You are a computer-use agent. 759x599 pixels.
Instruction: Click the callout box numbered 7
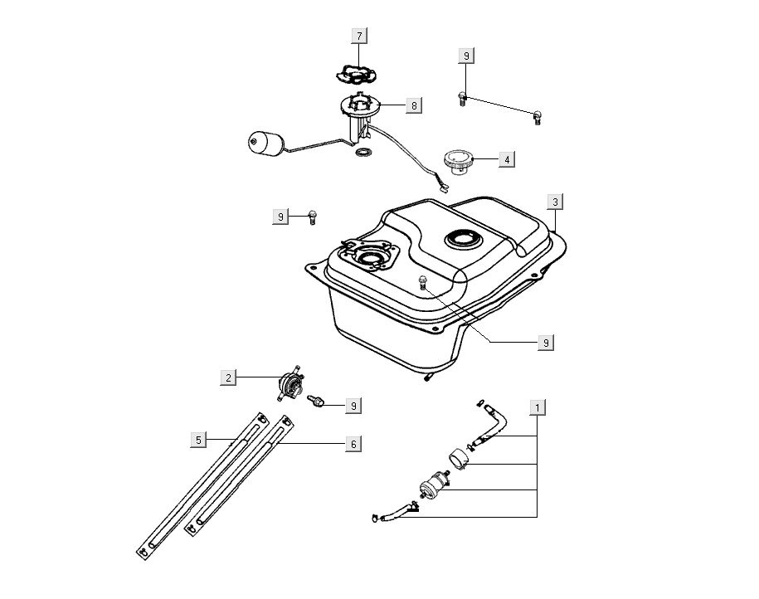pos(359,36)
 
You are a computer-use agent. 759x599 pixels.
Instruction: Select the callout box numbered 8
pos(413,105)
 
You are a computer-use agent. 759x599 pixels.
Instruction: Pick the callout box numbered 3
pos(556,202)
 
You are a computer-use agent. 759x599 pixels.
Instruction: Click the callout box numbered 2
pos(228,377)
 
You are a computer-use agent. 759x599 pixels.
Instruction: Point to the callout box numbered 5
pos(198,440)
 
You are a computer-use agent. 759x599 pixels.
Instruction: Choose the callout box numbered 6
pos(353,445)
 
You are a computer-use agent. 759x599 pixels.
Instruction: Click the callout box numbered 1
pos(538,407)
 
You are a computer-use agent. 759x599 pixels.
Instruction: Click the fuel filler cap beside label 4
pos(457,160)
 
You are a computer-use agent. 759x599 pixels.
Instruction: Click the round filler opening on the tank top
pos(462,240)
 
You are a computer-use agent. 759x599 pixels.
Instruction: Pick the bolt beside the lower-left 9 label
pos(316,402)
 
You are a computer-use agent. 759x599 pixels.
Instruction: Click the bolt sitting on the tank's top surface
pos(423,281)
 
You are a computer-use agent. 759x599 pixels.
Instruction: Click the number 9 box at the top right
pos(466,56)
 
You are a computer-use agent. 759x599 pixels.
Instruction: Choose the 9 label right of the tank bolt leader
pos(546,341)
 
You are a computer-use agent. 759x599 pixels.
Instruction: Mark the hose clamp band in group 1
pos(458,457)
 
